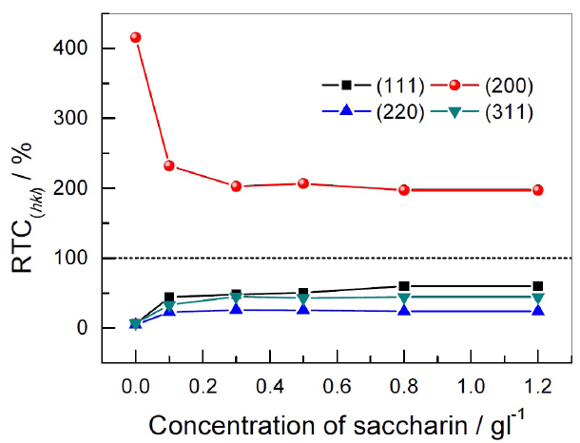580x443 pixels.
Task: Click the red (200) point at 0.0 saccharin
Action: (136, 37)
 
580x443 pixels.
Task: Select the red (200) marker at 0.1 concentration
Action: (169, 165)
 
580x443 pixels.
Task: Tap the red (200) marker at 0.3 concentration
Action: (236, 186)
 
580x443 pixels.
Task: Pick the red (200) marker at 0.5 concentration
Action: (303, 183)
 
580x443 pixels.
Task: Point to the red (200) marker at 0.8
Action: (403, 190)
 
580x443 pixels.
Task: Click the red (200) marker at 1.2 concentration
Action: (537, 190)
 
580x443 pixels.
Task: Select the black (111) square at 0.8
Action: (403, 286)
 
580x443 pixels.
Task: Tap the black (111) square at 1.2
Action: (537, 286)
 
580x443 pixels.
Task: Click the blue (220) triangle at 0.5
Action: (303, 310)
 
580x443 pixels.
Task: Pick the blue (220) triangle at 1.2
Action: (537, 311)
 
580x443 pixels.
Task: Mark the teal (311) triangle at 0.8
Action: (403, 298)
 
